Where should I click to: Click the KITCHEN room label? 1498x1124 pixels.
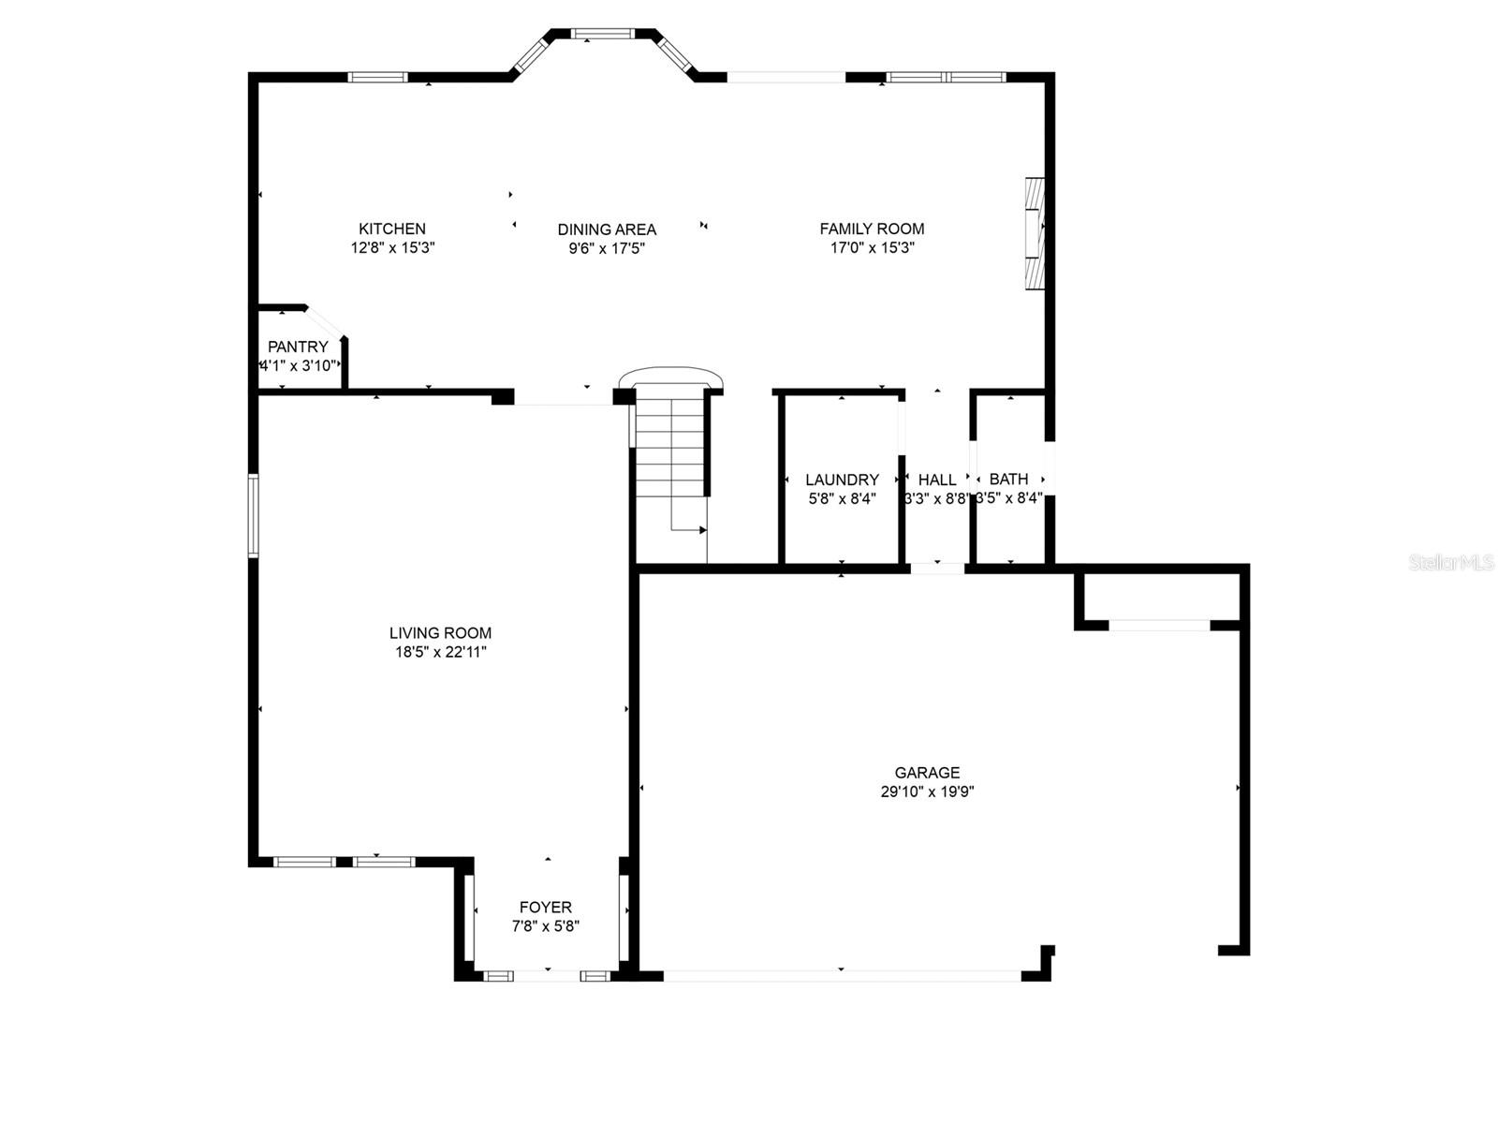tap(392, 229)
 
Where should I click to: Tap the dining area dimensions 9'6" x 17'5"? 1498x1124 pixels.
tap(607, 248)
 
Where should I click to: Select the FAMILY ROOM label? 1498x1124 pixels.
tap(872, 229)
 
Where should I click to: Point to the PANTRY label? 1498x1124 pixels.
tap(298, 347)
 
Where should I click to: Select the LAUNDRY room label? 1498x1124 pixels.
tap(842, 480)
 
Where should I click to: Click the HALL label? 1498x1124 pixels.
tap(937, 480)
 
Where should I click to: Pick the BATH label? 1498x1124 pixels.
tap(1008, 479)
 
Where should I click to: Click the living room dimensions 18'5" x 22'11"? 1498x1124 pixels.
tap(441, 652)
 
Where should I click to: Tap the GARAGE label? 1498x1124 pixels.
tap(927, 773)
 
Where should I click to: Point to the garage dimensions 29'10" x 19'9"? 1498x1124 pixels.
tap(927, 791)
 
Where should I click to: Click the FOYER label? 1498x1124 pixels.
tap(546, 907)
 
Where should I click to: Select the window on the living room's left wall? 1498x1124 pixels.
tap(253, 516)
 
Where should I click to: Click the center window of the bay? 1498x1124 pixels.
tap(603, 35)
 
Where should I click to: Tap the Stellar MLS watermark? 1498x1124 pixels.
tap(1450, 563)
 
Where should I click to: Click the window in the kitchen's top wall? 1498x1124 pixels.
tap(378, 77)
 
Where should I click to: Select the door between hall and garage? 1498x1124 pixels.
tap(937, 568)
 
